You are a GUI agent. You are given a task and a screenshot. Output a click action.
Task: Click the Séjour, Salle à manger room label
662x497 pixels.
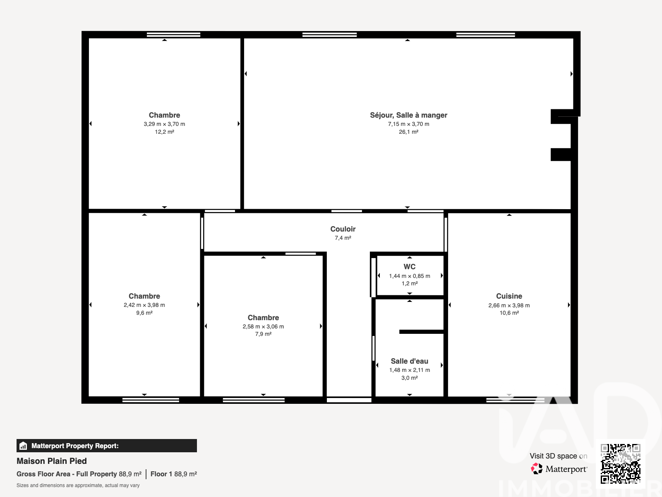[408, 115]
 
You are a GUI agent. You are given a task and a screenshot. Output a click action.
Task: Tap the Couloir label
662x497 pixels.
[343, 229]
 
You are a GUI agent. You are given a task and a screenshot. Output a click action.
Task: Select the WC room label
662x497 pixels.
[410, 267]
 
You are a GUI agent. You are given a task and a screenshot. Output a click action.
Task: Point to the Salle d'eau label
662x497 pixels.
[409, 361]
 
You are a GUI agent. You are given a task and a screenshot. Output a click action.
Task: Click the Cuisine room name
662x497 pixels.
[509, 296]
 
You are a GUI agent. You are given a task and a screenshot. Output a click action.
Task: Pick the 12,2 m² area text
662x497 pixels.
[164, 132]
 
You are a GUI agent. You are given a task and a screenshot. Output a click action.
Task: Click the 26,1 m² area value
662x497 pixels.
[408, 132]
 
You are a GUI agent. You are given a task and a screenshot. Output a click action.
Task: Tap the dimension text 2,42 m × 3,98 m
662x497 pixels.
[144, 305]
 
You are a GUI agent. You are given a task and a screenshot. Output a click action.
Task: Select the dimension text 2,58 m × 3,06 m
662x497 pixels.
[263, 326]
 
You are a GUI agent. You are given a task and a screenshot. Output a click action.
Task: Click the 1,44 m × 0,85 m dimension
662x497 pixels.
[410, 276]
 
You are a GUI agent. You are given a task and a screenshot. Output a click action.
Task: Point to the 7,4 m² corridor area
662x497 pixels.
[343, 238]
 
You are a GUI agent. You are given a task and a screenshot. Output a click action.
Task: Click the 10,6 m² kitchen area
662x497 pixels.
[509, 313]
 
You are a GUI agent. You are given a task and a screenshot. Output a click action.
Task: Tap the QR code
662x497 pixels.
[620, 463]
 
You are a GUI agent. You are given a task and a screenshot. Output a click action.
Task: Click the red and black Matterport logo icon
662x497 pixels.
[537, 469]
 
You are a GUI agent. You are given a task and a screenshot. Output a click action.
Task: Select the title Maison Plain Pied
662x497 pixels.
[52, 461]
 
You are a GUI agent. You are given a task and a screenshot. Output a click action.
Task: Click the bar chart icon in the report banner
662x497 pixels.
[23, 446]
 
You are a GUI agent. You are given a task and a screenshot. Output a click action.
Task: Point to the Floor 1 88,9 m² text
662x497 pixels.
[174, 474]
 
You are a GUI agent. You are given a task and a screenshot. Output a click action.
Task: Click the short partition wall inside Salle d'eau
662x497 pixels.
[421, 332]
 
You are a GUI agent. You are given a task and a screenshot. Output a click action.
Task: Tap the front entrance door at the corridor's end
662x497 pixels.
[349, 400]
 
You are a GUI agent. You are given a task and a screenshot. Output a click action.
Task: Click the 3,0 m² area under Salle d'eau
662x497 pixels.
[409, 378]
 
